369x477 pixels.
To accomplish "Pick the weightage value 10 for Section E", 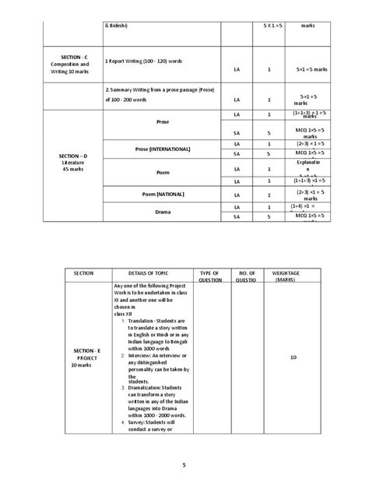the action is coord(292,357).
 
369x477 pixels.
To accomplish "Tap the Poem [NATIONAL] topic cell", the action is coord(162,193).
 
